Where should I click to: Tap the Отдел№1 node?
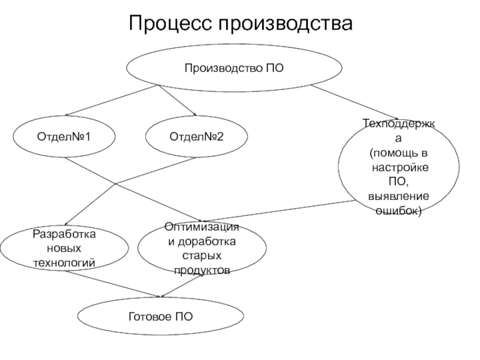tap(64, 137)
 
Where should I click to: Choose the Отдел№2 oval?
tap(196, 137)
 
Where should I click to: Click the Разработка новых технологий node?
tap(64, 248)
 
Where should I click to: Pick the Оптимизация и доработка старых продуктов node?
tap(202, 248)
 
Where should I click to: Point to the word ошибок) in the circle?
tap(398, 211)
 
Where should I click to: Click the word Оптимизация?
tap(202, 226)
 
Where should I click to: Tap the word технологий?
tap(64, 262)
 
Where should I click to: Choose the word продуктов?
tap(202, 271)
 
